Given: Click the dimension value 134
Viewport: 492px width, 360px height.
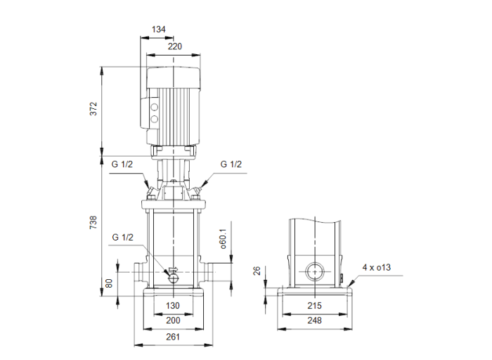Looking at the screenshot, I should pos(159,30).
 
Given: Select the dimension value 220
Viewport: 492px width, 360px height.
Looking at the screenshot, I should pos(175,46).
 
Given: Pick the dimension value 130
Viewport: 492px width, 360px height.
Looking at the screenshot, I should pos(173,305).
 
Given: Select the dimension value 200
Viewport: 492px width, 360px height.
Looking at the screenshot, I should pos(173,321).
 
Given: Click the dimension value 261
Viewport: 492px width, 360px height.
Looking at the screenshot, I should pos(173,337).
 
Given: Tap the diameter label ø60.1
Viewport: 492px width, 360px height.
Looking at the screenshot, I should pos(222,238).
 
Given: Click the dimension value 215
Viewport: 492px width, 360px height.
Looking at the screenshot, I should pos(314,305).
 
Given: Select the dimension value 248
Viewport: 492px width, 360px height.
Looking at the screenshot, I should pos(314,321).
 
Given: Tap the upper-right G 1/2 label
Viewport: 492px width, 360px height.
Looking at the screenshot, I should pos(231,165).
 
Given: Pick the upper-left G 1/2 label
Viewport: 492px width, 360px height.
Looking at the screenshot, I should pos(122,165).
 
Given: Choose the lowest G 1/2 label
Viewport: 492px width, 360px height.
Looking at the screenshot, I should pos(122,238).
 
